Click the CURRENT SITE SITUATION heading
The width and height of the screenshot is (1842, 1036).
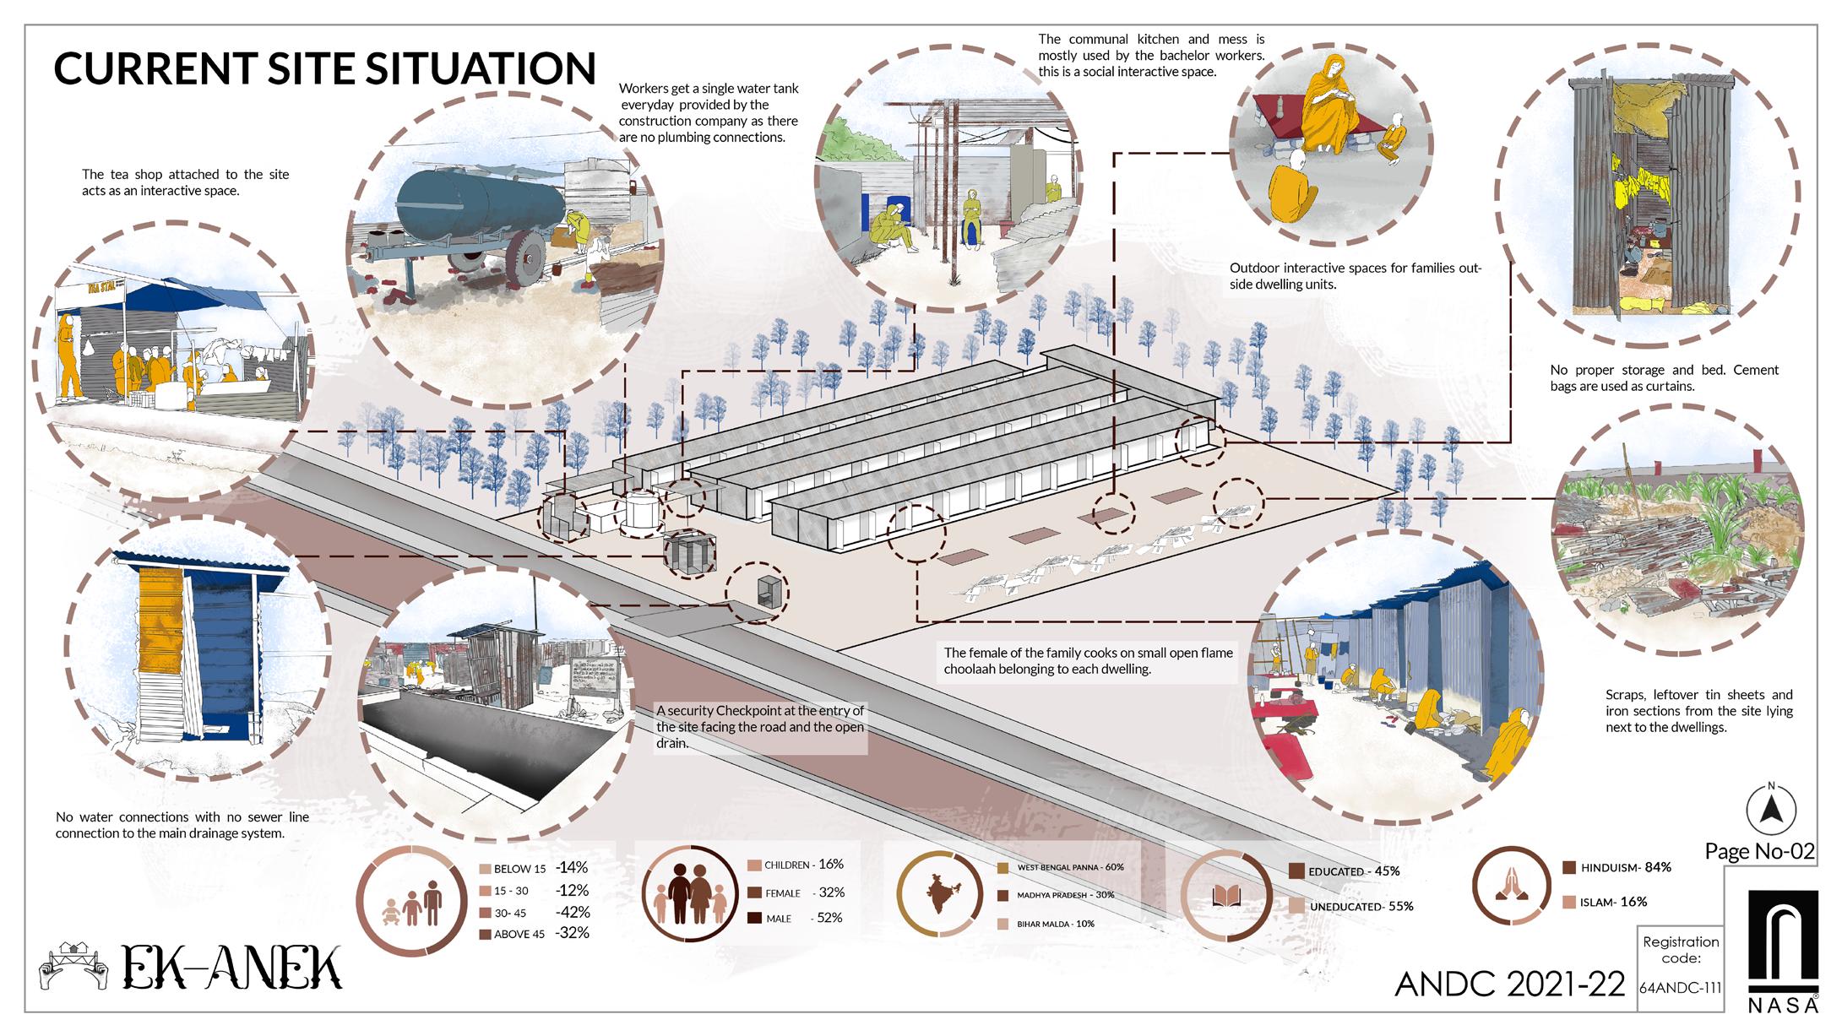coord(324,68)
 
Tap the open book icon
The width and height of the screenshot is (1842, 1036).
coord(1224,897)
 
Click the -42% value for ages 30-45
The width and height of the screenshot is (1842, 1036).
coord(572,912)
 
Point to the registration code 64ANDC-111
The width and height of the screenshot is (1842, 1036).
coord(1680,988)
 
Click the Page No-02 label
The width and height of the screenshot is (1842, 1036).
coord(1759,851)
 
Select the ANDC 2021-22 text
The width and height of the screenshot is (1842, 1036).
coord(1510,984)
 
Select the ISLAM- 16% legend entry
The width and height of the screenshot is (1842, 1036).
coord(1604,902)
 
